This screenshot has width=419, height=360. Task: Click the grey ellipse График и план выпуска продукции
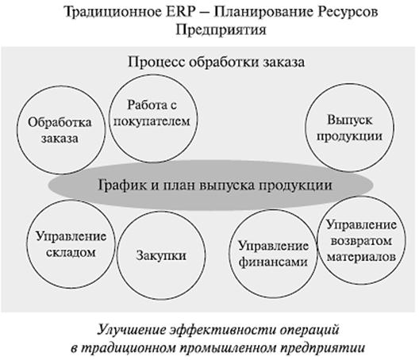[x=210, y=185]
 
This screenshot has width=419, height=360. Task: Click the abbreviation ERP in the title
[x=180, y=12]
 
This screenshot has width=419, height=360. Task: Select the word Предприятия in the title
[x=221, y=30]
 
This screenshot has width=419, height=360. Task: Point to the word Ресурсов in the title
[x=348, y=13]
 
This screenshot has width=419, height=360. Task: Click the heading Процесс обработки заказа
[x=216, y=62]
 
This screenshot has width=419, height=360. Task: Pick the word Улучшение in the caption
[x=131, y=330]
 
